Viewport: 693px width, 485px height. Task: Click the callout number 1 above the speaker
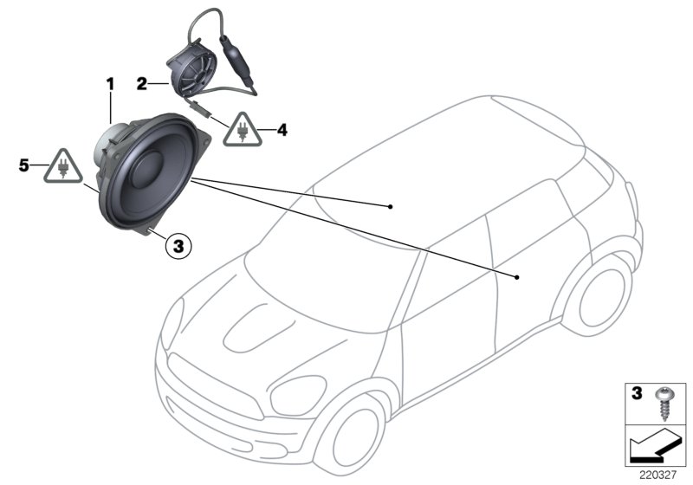point(110,84)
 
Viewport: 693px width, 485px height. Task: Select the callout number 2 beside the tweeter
point(141,83)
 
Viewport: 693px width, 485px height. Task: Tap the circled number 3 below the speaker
point(178,246)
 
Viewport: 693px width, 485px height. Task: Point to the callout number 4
point(282,130)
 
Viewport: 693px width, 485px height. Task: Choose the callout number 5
point(24,166)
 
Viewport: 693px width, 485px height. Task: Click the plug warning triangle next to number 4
point(243,130)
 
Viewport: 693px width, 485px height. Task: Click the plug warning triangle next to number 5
point(63,166)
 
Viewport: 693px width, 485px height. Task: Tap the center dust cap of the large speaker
point(149,170)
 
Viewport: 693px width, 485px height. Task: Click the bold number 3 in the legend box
point(637,393)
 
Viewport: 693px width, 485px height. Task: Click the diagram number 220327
point(657,475)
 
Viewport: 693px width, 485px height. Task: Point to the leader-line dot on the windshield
point(390,206)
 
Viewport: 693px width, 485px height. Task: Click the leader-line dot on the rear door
point(516,277)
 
